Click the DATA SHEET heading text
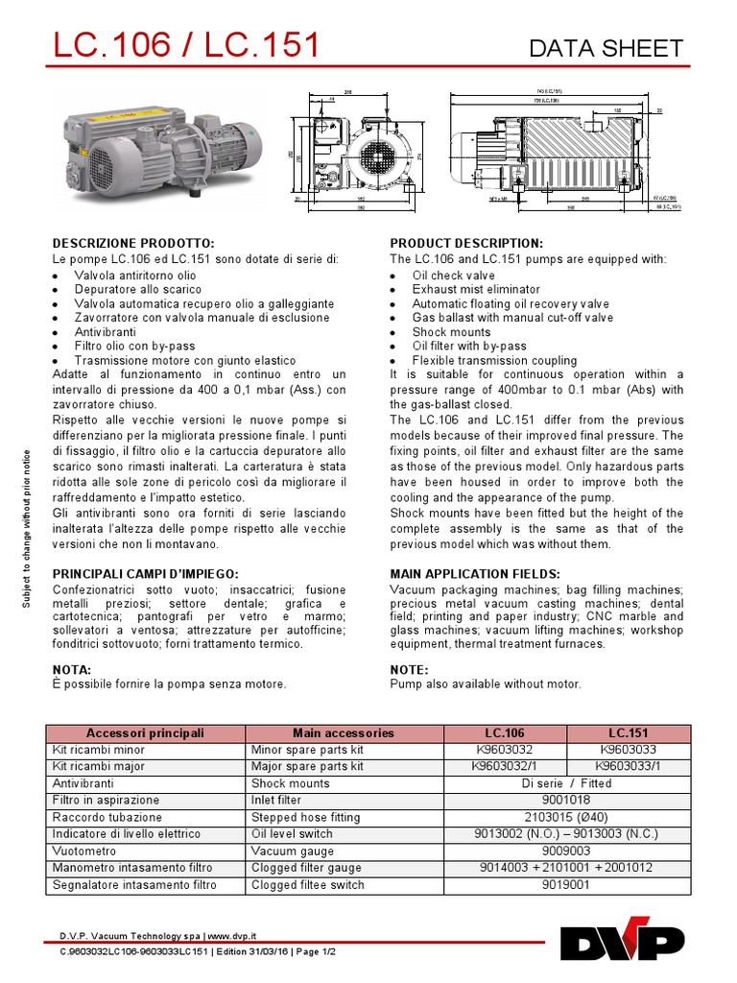(606, 48)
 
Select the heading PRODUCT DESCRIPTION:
(465, 243)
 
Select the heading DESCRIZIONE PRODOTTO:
(132, 243)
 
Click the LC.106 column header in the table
(505, 732)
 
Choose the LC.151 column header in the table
(629, 732)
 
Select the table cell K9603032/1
(505, 766)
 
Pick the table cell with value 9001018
(566, 800)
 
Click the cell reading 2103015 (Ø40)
(566, 817)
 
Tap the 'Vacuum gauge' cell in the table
(292, 851)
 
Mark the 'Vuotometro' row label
(84, 851)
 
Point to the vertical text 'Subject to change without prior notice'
(27, 528)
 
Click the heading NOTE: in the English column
(409, 669)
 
